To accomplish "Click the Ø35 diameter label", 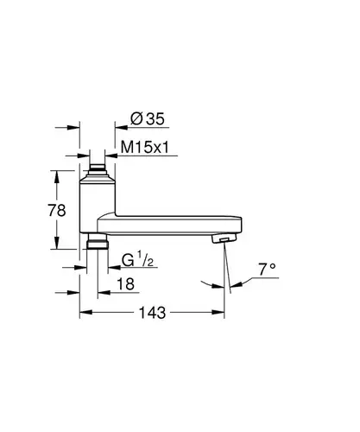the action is (x=148, y=118).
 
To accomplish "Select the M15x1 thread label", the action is (x=145, y=148).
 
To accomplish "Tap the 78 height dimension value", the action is (x=57, y=210).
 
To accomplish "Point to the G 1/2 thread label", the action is (x=137, y=260).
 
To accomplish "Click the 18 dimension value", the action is (x=126, y=284).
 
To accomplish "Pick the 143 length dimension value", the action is (x=153, y=313).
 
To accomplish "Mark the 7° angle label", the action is (x=267, y=270).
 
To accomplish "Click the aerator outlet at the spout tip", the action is (x=224, y=238).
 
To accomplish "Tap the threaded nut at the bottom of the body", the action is (x=98, y=241).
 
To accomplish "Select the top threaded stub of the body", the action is (x=98, y=171).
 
